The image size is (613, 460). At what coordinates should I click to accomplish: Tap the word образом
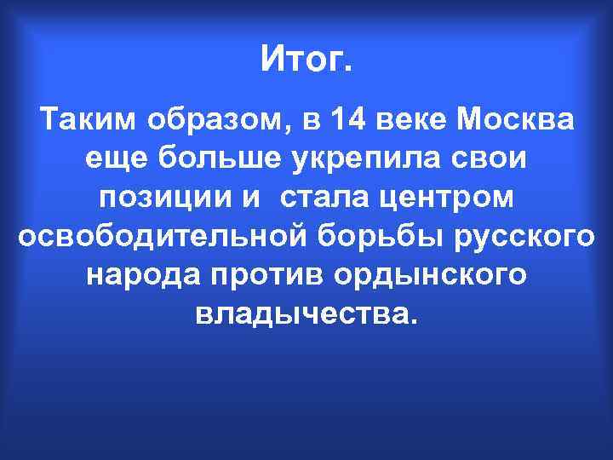coord(219,121)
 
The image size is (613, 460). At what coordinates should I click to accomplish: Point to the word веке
coord(415,121)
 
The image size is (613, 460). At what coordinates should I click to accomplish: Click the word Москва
coord(516,121)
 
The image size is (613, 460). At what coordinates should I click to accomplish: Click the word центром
coord(446,198)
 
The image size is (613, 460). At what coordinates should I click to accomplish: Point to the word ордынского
coord(423,277)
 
